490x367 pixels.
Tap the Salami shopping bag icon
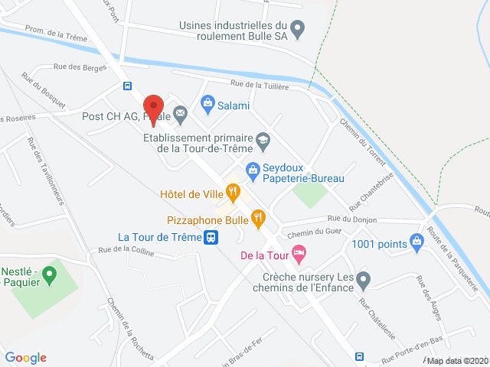click(207, 102)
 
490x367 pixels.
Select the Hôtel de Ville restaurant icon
click(234, 193)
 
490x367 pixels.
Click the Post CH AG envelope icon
click(180, 115)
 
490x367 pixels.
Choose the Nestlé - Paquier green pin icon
click(49, 272)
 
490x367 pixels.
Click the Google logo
click(26, 357)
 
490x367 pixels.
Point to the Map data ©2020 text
click(456, 361)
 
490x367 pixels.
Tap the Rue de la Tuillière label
click(260, 86)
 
